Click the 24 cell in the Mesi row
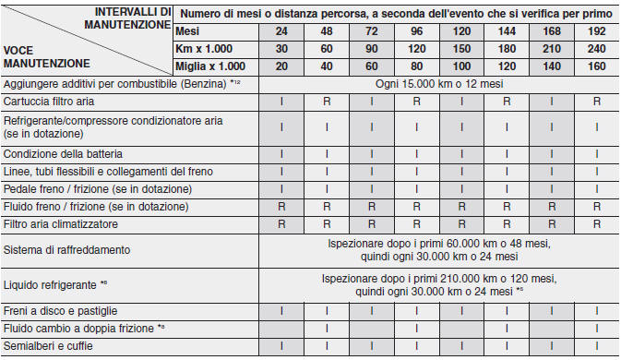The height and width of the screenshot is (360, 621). [x=281, y=30]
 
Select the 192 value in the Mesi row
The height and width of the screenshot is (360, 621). [x=597, y=30]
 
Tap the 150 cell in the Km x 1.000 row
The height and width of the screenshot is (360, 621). [x=461, y=47]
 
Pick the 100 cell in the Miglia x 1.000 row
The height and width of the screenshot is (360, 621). [x=461, y=66]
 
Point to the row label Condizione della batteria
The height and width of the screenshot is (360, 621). [x=63, y=153]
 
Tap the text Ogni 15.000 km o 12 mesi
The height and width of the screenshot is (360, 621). [x=439, y=83]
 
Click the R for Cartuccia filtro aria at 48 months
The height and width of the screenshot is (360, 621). [x=327, y=101]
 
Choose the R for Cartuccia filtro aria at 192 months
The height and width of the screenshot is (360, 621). [x=597, y=101]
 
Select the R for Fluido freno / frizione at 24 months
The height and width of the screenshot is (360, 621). [x=281, y=206]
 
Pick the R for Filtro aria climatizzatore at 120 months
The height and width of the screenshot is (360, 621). [x=461, y=223]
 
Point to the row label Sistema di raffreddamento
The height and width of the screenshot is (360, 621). [x=68, y=249]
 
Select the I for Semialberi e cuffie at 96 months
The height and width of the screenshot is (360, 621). [x=416, y=346]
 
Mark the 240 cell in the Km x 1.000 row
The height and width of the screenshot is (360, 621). [x=597, y=47]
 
